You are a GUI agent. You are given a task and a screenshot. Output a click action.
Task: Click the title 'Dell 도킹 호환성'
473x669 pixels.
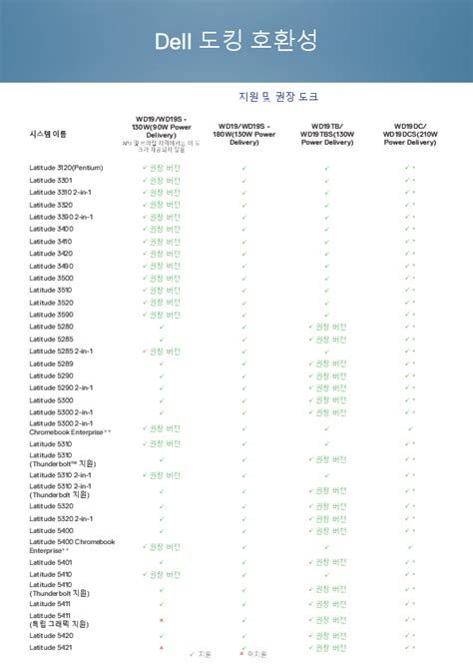tap(236, 41)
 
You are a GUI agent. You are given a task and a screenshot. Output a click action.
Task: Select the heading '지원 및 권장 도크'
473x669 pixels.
tap(278, 96)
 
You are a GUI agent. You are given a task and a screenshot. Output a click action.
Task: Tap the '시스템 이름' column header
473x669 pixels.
tap(49, 133)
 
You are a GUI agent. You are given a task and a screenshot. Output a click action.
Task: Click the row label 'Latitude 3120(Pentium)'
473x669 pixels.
tap(66, 168)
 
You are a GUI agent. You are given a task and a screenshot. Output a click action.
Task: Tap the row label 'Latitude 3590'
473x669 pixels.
tap(51, 315)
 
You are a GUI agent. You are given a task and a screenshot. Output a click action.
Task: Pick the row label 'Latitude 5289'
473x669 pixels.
tap(51, 363)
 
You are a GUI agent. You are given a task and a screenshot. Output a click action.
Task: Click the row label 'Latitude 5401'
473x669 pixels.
tap(51, 562)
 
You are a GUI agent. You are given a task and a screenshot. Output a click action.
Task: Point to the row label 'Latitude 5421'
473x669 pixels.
tap(51, 647)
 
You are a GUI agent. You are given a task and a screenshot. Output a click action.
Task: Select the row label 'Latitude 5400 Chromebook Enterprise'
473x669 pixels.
tap(72, 545)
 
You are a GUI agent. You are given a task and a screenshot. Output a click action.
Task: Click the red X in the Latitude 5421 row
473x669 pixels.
tap(162, 647)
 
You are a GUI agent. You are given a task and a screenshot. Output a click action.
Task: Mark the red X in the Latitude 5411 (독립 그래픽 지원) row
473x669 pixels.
tap(162, 620)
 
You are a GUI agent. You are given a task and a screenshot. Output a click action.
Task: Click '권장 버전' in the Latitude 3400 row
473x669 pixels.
tap(165, 229)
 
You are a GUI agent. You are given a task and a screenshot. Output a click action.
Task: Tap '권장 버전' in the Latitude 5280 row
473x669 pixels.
tap(330, 327)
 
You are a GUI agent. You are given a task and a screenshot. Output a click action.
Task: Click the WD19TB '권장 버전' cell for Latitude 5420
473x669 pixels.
tap(330, 635)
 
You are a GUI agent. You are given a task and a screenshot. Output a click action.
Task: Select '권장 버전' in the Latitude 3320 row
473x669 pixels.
tap(165, 204)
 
